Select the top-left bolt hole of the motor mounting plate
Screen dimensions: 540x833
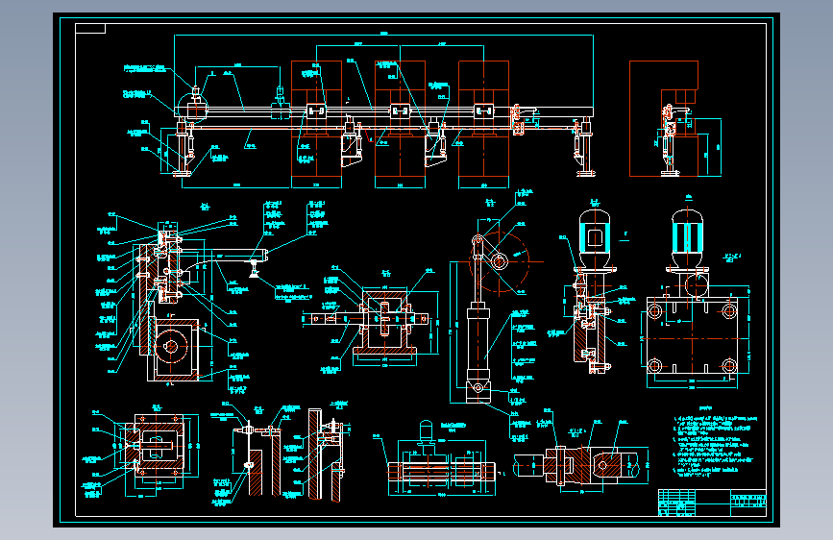pos(655,311)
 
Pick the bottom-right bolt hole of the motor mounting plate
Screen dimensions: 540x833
pos(730,366)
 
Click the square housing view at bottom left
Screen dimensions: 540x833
pos(153,451)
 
